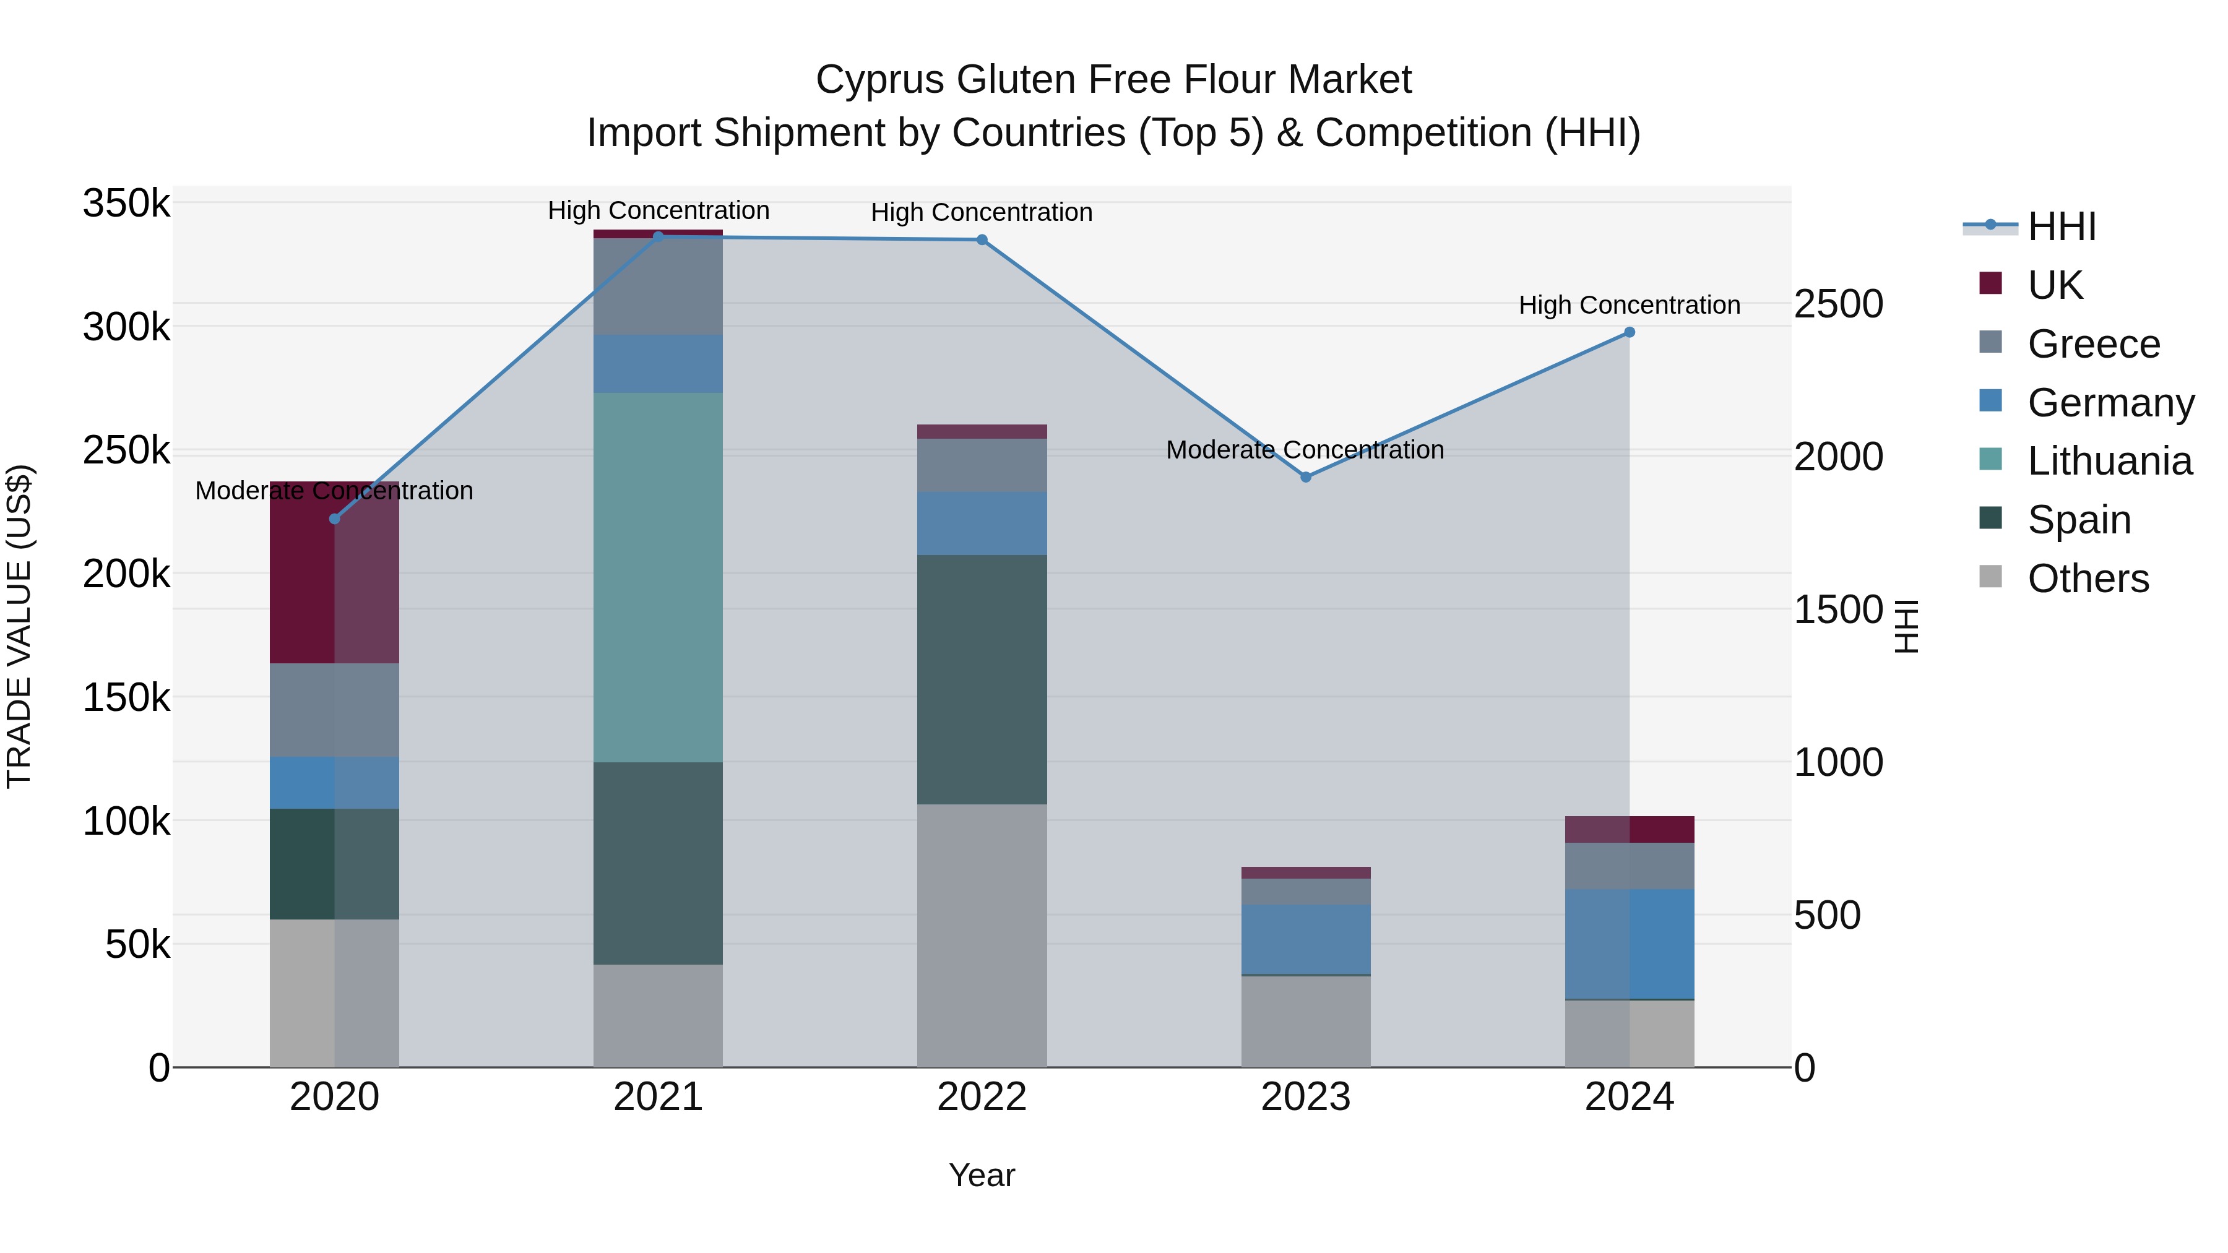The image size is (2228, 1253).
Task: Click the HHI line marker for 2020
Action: coord(335,519)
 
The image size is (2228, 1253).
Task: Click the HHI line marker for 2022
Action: coord(982,239)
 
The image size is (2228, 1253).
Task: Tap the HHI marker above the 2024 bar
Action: coord(1630,332)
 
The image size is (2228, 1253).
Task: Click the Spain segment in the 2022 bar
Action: coord(982,679)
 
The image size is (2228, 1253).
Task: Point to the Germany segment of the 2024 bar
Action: coord(1630,944)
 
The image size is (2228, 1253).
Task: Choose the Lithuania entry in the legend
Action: coord(2109,462)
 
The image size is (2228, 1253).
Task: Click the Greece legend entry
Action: coord(2093,344)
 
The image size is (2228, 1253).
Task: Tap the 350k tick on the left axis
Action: coord(126,204)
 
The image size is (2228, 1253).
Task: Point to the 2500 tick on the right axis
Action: coord(1838,304)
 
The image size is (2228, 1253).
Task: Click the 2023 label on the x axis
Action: coord(1306,1097)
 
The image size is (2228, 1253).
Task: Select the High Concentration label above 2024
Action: coord(1630,305)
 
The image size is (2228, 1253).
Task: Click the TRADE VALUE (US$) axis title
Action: coord(19,626)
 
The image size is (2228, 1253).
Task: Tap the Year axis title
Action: coord(982,1175)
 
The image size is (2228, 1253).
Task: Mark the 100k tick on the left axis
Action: coord(126,822)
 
